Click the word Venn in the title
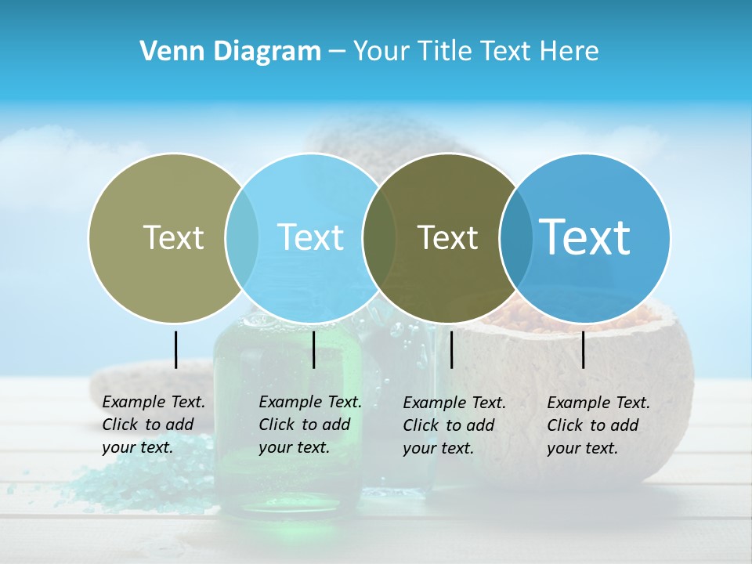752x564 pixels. pyautogui.click(x=164, y=52)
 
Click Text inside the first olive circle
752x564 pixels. pyautogui.click(x=173, y=237)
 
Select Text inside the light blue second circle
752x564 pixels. pyautogui.click(x=311, y=237)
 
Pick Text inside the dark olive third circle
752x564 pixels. pyautogui.click(x=448, y=237)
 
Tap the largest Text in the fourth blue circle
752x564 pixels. pyautogui.click(x=585, y=237)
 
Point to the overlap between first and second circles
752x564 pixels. pyautogui.click(x=242, y=237)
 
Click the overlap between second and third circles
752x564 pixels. pyautogui.click(x=379, y=237)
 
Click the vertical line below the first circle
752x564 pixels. pyautogui.click(x=176, y=349)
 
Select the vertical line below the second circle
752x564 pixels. pyautogui.click(x=313, y=349)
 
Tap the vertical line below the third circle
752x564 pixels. pyautogui.click(x=452, y=349)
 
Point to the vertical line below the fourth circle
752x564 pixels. pyautogui.click(x=584, y=349)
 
